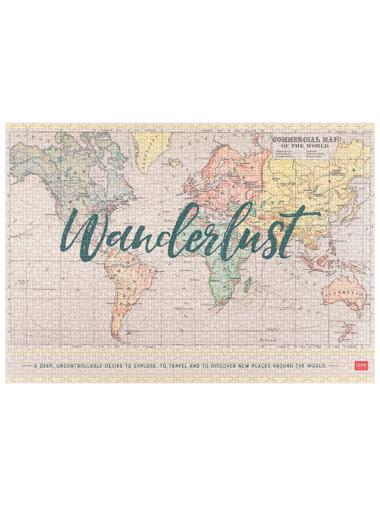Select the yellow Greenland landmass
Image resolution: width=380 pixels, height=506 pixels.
point(152,149)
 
